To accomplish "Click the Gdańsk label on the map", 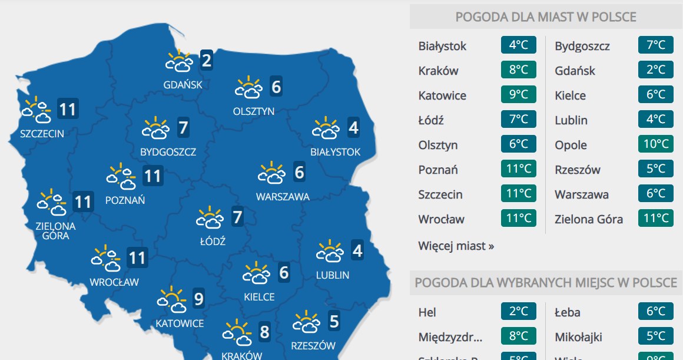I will (183, 84).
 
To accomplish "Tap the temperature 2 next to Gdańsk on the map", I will (206, 60).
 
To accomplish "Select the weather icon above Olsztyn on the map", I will (248, 87).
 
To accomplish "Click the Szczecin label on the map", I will (42, 133).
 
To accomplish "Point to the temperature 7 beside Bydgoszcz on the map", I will (183, 127).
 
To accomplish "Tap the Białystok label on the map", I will (335, 152).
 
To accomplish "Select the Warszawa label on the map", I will (283, 197).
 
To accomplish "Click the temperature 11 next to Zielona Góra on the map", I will (83, 203).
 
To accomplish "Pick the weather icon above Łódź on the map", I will (210, 218).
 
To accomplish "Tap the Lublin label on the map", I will (333, 275).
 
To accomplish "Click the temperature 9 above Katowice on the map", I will (198, 300).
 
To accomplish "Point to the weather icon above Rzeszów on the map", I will (307, 322).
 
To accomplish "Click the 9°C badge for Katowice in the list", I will (519, 95).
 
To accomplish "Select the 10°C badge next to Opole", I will (655, 145).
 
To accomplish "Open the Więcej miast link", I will (456, 246).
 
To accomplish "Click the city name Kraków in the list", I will (438, 71).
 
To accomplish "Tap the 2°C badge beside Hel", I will (519, 312).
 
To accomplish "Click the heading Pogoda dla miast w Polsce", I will (546, 17).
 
